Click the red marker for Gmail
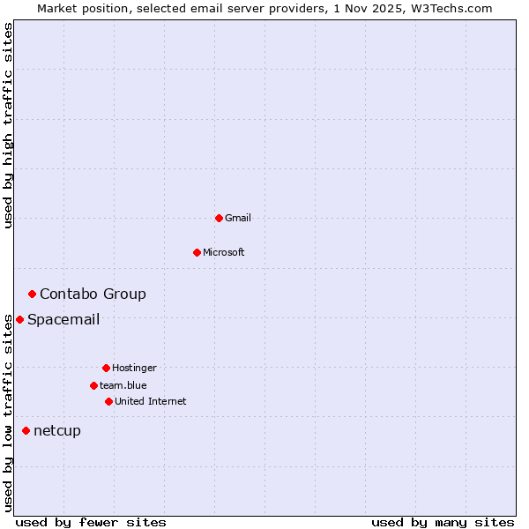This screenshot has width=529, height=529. (x=219, y=218)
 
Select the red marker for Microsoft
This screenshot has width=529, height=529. (x=197, y=252)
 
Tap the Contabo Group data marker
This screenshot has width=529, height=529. (x=32, y=294)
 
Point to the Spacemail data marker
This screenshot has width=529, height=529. (x=19, y=319)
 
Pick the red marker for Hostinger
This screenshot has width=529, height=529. (x=106, y=368)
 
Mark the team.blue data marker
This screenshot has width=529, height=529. (x=93, y=385)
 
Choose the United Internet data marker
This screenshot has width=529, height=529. (x=108, y=401)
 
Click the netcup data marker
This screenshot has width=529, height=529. (x=26, y=430)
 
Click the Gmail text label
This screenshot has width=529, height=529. (x=238, y=218)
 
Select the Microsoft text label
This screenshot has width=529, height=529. (x=224, y=252)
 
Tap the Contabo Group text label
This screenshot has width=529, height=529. (x=93, y=294)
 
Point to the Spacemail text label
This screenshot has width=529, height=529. (x=63, y=319)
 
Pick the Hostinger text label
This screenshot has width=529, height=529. (x=134, y=368)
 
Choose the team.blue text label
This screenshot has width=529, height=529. (x=123, y=385)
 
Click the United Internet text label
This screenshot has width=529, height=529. (x=151, y=401)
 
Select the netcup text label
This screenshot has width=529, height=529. (x=57, y=430)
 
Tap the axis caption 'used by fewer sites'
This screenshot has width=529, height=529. (x=91, y=522)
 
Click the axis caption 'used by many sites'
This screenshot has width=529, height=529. (x=443, y=522)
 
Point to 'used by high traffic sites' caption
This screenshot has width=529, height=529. (x=8, y=125)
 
